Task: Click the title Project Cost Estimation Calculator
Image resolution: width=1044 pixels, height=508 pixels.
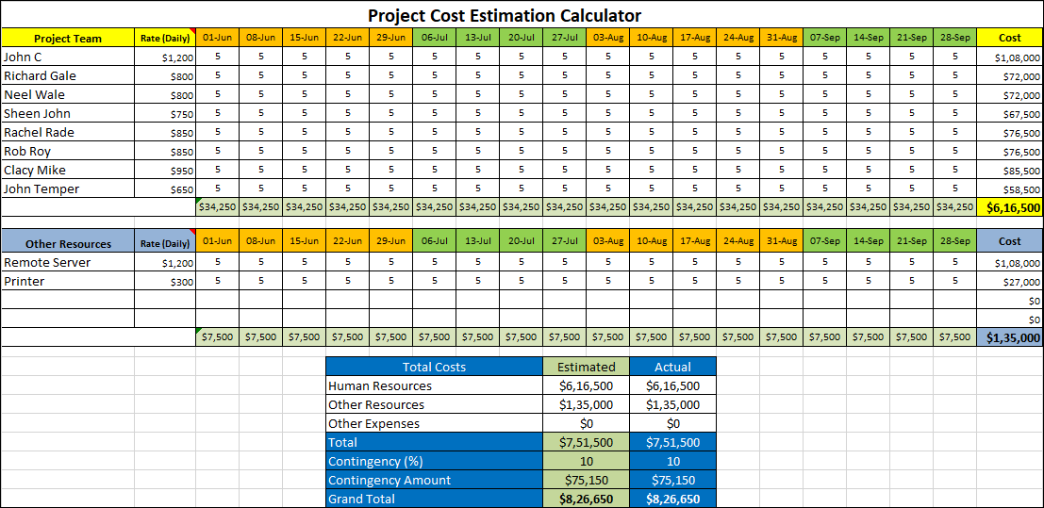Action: click(504, 15)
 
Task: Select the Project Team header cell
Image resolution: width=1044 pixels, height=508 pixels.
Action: click(68, 39)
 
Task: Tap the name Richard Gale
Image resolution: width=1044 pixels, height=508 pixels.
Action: click(40, 75)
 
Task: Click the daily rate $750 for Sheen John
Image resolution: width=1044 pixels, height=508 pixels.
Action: click(182, 114)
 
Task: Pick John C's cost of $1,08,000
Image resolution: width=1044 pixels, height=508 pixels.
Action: click(1018, 57)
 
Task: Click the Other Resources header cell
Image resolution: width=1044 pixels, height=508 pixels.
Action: click(68, 244)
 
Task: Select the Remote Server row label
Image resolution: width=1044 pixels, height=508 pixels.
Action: click(47, 263)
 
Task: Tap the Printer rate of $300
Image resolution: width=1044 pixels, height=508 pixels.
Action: click(182, 282)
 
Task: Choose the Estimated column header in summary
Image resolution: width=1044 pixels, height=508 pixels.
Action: click(586, 367)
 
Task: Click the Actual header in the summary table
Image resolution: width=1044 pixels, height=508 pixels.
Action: click(672, 367)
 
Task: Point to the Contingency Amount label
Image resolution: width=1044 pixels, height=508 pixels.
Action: click(389, 480)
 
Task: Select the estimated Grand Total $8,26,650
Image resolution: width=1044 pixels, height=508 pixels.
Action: click(586, 499)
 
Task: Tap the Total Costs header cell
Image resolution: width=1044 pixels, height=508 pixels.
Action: click(434, 367)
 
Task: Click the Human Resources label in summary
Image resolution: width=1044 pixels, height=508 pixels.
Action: click(380, 385)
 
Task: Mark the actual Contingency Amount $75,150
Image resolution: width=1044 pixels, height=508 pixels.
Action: click(672, 480)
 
